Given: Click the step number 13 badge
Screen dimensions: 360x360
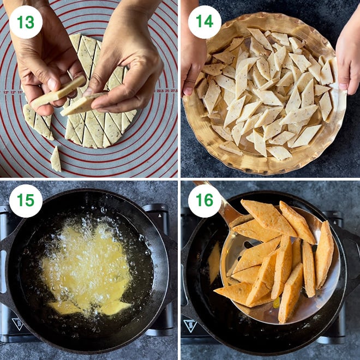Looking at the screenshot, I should pos(26,22).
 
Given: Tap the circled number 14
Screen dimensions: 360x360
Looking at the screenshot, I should pos(205,22).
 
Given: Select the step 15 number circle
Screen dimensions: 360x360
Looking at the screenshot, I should pos(26,201).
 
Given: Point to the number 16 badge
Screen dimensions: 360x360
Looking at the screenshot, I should pos(205,201).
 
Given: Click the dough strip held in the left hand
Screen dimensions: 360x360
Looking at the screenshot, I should pos(58,92).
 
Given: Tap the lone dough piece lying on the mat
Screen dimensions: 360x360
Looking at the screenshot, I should pos(55,159).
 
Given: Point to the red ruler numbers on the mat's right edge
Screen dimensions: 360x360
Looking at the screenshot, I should pos(166,91).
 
